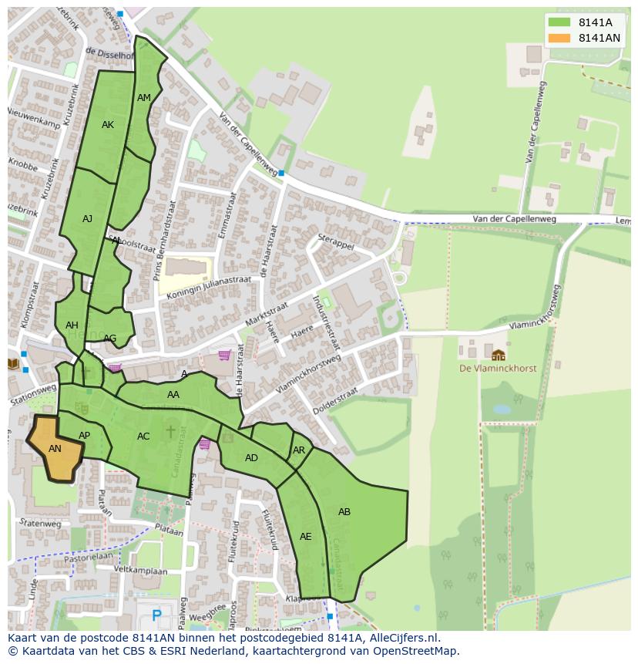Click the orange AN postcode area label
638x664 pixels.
point(55,448)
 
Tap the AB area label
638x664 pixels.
point(344,511)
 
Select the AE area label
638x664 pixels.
point(306,536)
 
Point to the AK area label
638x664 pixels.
point(108,125)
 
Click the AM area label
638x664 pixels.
point(144,98)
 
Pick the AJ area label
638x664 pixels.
point(87,219)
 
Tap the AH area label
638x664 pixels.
point(72,325)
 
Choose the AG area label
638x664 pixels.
point(110,339)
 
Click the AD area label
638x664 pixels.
point(251,458)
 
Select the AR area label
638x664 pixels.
point(299,450)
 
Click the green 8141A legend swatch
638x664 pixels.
point(559,23)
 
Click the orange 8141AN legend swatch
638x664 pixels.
point(559,38)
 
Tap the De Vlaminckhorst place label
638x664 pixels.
point(498,369)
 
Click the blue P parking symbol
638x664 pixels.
point(157,615)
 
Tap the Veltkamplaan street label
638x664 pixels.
point(140,571)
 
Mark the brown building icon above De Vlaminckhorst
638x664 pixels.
point(498,355)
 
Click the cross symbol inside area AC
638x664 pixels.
point(170,431)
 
